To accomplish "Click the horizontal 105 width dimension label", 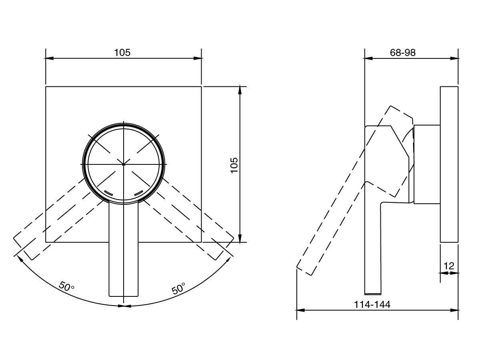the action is click(x=122, y=52).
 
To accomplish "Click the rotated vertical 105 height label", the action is click(x=234, y=165).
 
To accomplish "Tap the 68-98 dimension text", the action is click(x=402, y=53).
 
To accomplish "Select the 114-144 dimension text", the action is click(x=372, y=304).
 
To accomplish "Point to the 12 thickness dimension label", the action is click(x=449, y=266).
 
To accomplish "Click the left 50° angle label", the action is click(x=66, y=286).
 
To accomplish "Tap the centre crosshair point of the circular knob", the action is click(x=124, y=164).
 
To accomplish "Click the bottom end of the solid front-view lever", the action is click(x=124, y=296).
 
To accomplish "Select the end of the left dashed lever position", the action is click(x=23, y=248).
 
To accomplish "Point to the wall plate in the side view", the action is click(x=449, y=164).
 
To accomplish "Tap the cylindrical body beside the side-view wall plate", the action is click(x=427, y=164).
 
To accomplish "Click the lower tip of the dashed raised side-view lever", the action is click(x=304, y=271).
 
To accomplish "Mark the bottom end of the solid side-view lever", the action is click(x=373, y=294).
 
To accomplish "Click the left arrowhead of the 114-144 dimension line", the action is click(x=299, y=310).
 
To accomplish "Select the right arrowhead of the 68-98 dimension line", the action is click(x=454, y=58).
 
